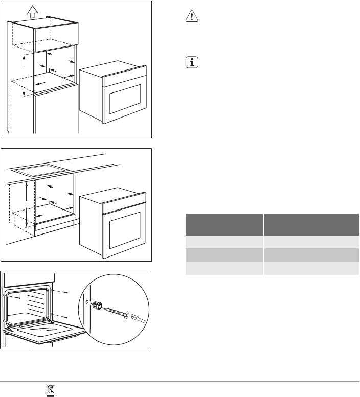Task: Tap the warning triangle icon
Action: click(x=189, y=17)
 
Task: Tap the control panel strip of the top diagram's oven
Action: click(x=124, y=75)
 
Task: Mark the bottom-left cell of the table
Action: click(x=223, y=269)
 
